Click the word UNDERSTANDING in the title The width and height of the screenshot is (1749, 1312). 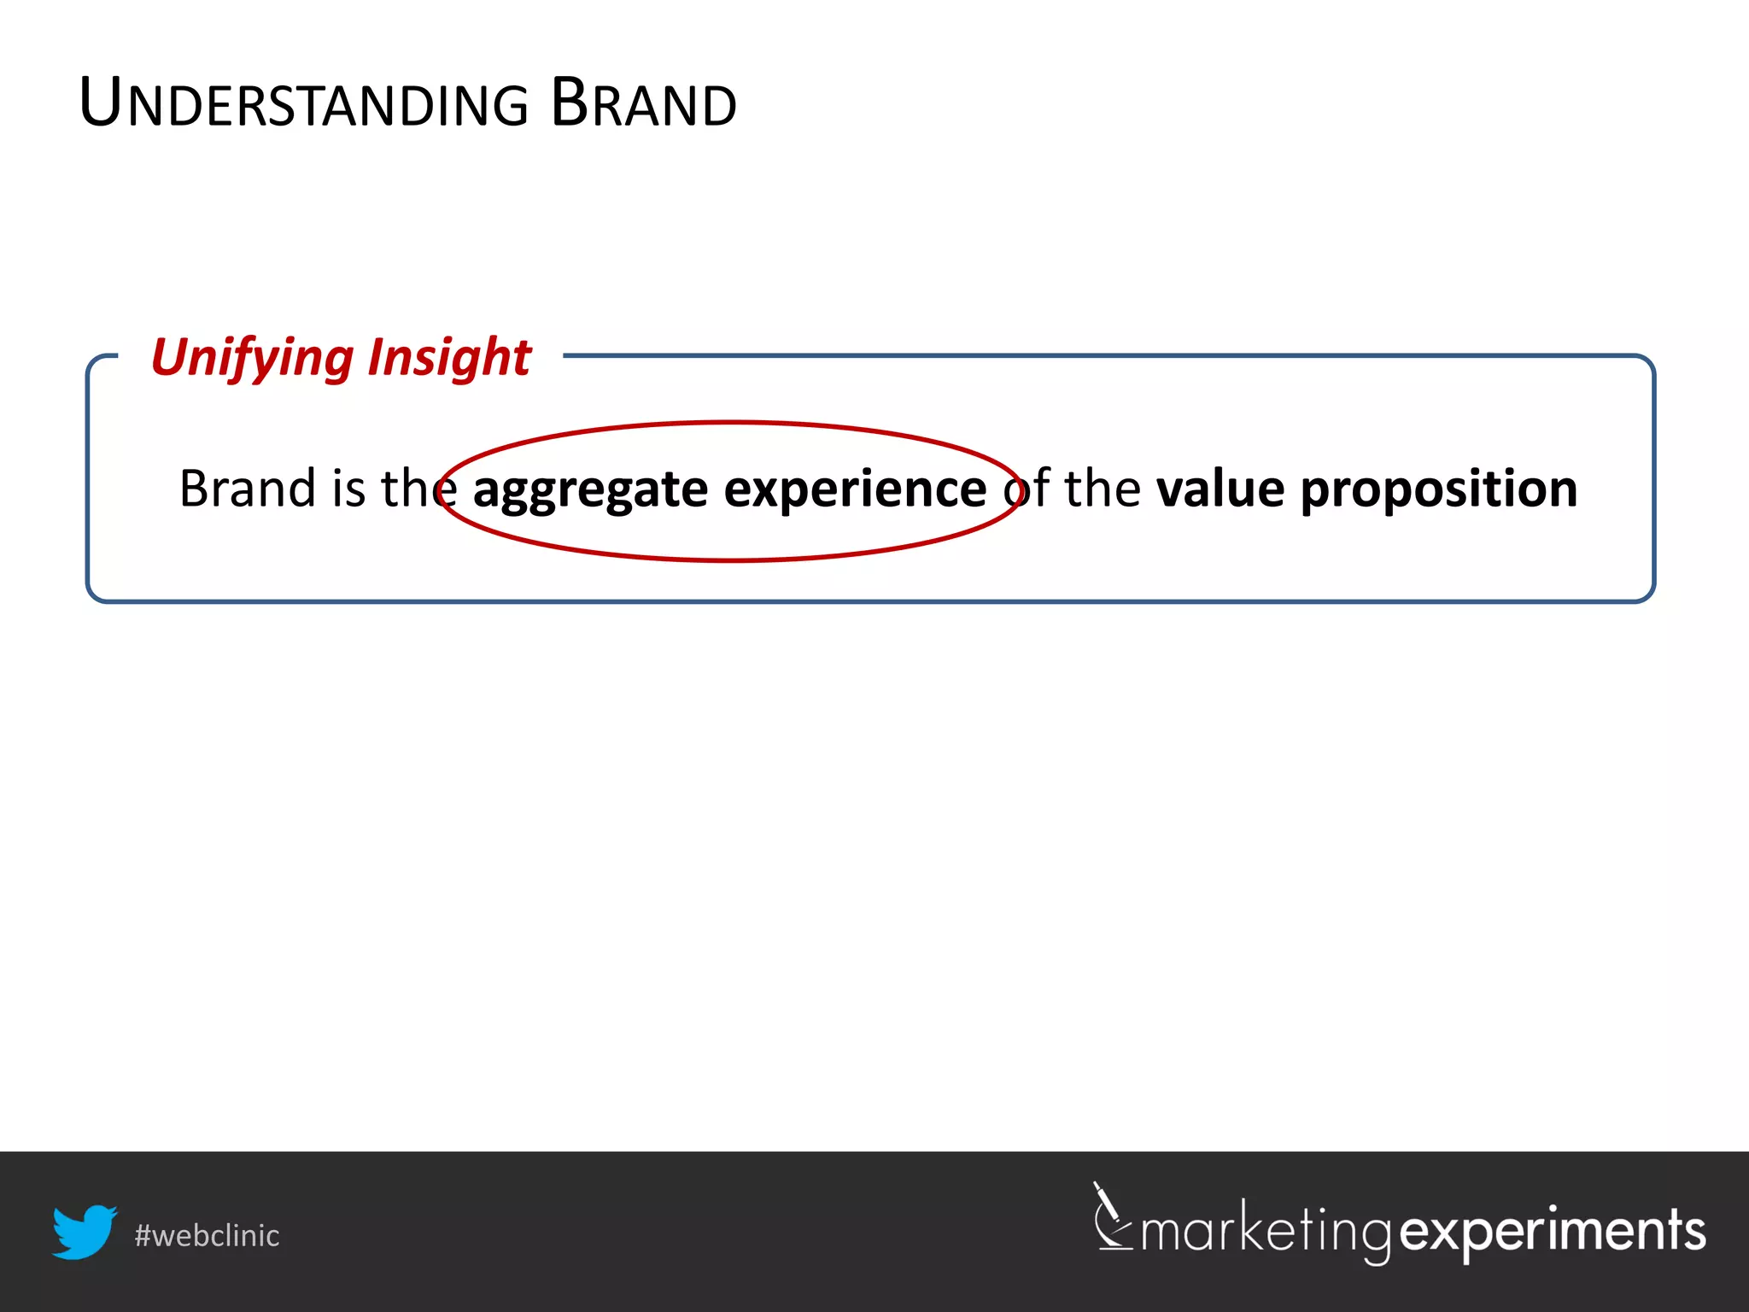(x=304, y=103)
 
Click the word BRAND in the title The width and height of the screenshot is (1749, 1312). (x=643, y=103)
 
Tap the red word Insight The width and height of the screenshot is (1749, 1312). (x=449, y=357)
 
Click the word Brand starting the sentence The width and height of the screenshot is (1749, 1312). (x=248, y=489)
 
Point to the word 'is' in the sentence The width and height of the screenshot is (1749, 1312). (x=348, y=489)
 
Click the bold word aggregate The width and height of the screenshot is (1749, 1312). (x=590, y=490)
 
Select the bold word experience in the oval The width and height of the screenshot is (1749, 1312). (x=855, y=490)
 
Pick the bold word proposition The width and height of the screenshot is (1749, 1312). (x=1439, y=490)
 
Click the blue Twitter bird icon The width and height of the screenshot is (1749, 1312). (x=84, y=1232)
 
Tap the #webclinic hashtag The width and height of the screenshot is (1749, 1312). (x=207, y=1236)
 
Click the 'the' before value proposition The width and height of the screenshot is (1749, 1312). (x=1102, y=489)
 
